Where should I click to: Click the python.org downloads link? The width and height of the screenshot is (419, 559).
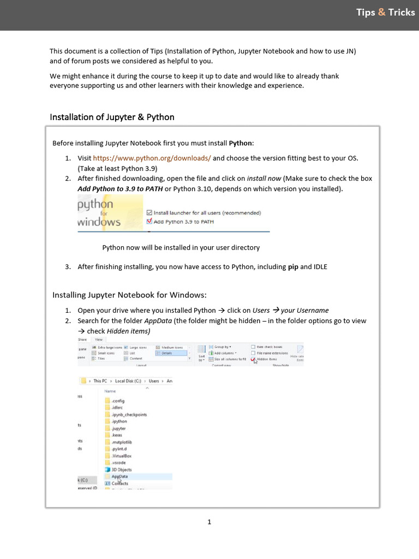[152, 158]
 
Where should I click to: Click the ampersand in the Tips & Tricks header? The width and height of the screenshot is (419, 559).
[381, 13]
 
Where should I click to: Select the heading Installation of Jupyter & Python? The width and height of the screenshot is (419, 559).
[112, 117]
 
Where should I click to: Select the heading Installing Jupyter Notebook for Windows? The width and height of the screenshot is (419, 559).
[129, 295]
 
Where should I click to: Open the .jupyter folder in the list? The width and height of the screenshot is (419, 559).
[118, 429]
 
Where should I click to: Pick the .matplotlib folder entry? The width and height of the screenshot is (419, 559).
[121, 442]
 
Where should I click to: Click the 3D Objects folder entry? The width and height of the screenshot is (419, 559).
[121, 469]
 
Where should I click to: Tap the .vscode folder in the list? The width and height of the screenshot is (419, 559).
[118, 462]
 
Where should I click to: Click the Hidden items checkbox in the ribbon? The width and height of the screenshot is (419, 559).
[253, 359]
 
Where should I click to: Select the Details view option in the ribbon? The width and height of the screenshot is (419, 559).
[167, 353]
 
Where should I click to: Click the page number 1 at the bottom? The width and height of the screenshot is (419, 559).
[209, 522]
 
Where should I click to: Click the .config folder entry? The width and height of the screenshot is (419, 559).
[118, 401]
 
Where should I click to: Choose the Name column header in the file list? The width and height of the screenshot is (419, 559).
[110, 391]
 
